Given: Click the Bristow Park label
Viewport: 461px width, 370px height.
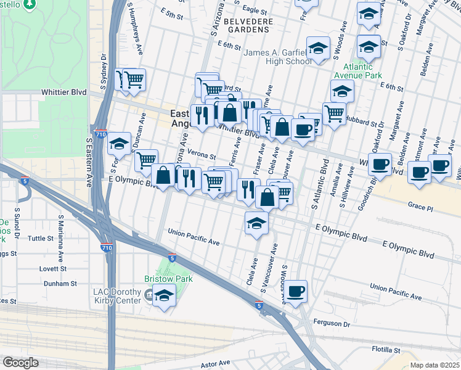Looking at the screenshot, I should pyautogui.click(x=168, y=279).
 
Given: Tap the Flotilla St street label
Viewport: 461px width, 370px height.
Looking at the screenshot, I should pyautogui.click(x=386, y=349).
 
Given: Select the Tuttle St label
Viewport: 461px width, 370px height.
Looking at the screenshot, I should pyautogui.click(x=41, y=238).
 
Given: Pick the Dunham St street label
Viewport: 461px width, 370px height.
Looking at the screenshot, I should pyautogui.click(x=60, y=284).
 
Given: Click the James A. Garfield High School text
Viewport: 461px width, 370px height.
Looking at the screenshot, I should pyautogui.click(x=278, y=57).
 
